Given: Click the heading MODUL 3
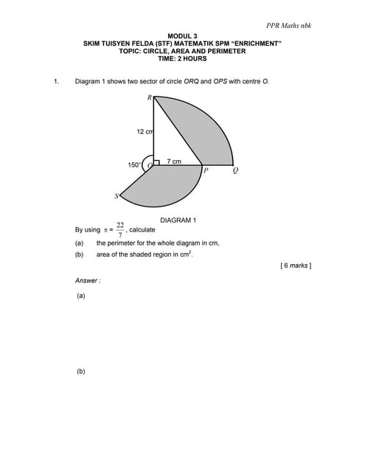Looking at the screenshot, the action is pos(182,36).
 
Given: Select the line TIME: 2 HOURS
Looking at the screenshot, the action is pos(182,58).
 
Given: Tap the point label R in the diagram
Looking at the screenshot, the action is pos(149,97).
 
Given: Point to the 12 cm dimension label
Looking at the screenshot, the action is pos(145,131).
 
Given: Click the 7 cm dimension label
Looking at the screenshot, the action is pos(174,161).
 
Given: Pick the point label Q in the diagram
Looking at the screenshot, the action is pos(235,171).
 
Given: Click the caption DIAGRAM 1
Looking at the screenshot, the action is pos(178,220).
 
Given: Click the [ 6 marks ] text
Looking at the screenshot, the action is pos(296,265).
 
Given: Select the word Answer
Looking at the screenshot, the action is pos(87,280).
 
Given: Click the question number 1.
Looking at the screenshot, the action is pos(56,81).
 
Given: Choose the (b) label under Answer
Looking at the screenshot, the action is pos(80,371).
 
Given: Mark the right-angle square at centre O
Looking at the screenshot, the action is pos(156,162).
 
